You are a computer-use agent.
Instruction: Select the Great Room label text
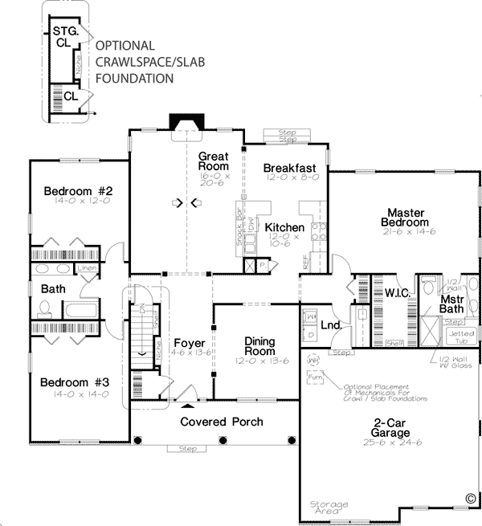pyautogui.click(x=214, y=162)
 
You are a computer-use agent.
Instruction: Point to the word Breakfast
pyautogui.click(x=289, y=168)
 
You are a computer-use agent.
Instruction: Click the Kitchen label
pyautogui.click(x=284, y=227)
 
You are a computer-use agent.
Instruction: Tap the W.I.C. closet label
pyautogui.click(x=398, y=293)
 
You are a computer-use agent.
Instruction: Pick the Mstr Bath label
pyautogui.click(x=454, y=304)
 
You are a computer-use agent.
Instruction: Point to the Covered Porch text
pyautogui.click(x=221, y=422)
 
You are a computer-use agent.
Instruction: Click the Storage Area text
pyautogui.click(x=329, y=508)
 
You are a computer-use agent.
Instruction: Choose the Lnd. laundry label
pyautogui.click(x=331, y=325)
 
